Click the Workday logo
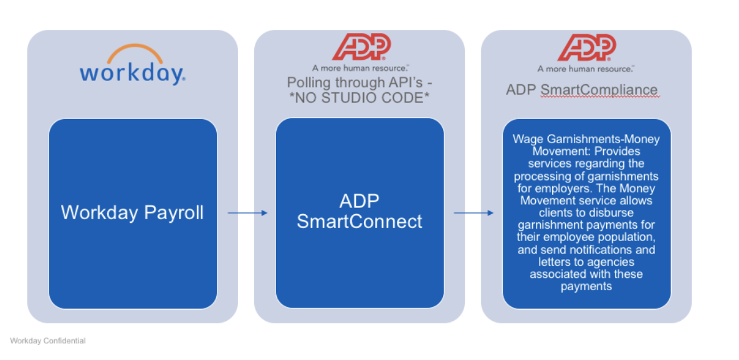click(x=132, y=65)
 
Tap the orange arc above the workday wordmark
click(x=132, y=51)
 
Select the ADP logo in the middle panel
click(x=361, y=47)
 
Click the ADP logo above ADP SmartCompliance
click(x=586, y=47)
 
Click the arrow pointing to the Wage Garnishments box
click(x=473, y=213)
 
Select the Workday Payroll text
click(x=132, y=212)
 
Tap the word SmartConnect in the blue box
click(x=360, y=221)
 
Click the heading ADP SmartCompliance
click(x=581, y=90)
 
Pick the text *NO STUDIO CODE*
click(x=360, y=97)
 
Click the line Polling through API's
click(x=360, y=82)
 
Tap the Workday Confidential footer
click(x=47, y=341)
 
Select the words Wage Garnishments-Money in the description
click(x=586, y=139)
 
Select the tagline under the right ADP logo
click(x=586, y=69)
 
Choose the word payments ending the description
click(x=586, y=287)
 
